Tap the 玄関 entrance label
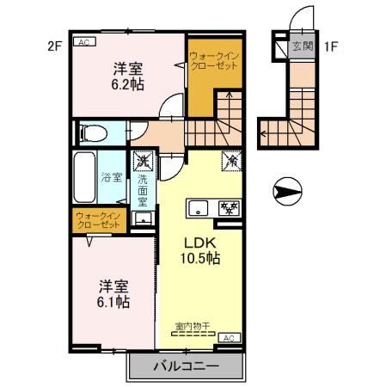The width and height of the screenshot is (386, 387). click(301, 46)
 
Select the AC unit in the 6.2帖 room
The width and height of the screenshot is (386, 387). click(84, 41)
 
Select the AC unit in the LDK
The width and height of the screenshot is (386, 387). click(228, 338)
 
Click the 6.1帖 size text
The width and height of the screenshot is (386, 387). click(113, 302)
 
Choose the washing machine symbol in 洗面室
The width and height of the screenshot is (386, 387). click(143, 160)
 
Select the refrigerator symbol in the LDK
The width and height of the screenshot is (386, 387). click(230, 160)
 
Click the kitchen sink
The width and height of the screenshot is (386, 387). click(199, 207)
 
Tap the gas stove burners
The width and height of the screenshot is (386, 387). click(230, 207)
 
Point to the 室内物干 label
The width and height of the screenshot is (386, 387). click(193, 326)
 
